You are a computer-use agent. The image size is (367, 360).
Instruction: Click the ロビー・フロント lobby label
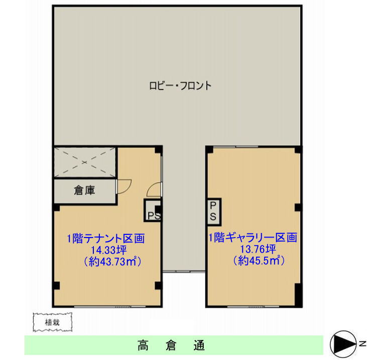click(x=180, y=86)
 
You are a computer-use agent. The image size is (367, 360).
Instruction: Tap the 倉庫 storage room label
click(x=84, y=190)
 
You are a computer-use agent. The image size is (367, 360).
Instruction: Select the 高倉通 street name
click(x=171, y=345)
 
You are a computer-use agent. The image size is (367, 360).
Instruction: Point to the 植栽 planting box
click(x=52, y=322)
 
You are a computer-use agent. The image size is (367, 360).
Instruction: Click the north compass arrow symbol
click(x=343, y=344)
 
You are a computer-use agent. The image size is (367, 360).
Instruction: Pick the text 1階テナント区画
click(x=106, y=238)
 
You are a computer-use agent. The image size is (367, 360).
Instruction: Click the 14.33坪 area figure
click(x=109, y=250)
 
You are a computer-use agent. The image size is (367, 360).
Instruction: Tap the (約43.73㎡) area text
click(x=112, y=262)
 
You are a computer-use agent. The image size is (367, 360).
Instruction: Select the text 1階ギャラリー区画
click(x=253, y=237)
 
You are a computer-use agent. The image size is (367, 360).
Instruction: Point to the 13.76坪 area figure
click(x=258, y=249)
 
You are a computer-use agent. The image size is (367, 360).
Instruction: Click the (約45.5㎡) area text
click(x=259, y=260)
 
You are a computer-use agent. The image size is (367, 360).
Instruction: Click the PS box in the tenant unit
click(x=152, y=210)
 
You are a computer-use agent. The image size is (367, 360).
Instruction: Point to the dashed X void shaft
click(x=84, y=162)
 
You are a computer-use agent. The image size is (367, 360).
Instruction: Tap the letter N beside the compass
click(x=362, y=343)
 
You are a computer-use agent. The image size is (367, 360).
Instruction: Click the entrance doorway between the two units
click(x=184, y=272)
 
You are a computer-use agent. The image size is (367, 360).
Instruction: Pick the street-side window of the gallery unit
click(x=253, y=306)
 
